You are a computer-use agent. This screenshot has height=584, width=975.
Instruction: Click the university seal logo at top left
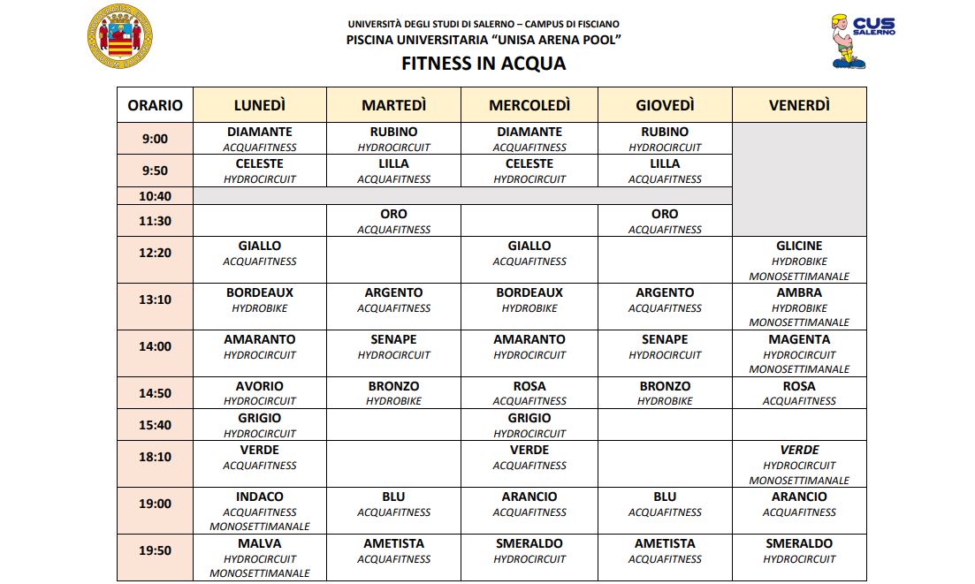pyautogui.click(x=121, y=36)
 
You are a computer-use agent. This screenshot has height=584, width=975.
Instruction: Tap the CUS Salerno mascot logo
pyautogui.click(x=849, y=40)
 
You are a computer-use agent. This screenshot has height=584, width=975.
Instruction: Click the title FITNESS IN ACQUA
pyautogui.click(x=484, y=64)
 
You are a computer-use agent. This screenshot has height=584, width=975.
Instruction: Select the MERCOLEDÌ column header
pyautogui.click(x=529, y=105)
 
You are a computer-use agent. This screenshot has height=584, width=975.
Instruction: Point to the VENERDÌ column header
pyautogui.click(x=799, y=105)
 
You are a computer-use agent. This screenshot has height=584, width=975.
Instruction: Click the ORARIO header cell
pyautogui.click(x=155, y=105)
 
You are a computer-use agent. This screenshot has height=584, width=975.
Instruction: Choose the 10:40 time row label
pyautogui.click(x=155, y=196)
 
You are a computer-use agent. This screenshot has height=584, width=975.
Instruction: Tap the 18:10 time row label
pyautogui.click(x=155, y=457)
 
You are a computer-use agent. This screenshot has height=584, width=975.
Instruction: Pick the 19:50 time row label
pyautogui.click(x=155, y=550)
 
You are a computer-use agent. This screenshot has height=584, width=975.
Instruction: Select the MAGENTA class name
pyautogui.click(x=799, y=339)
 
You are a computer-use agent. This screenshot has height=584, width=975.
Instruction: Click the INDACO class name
pyautogui.click(x=260, y=497)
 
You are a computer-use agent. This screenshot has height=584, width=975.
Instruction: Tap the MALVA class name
pyautogui.click(x=260, y=543)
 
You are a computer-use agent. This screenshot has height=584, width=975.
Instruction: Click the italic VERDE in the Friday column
pyautogui.click(x=799, y=450)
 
